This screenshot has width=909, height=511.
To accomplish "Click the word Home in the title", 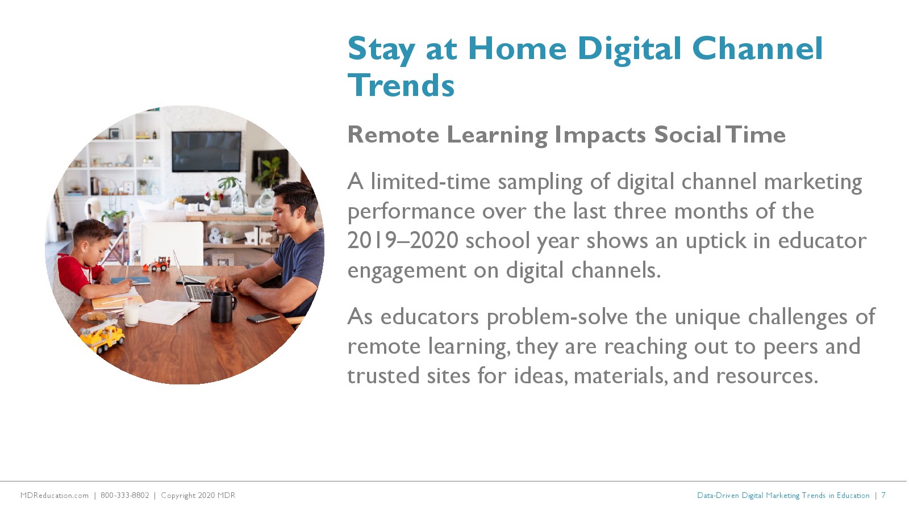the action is pyautogui.click(x=518, y=49).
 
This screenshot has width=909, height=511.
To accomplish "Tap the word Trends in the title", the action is pyautogui.click(x=401, y=86).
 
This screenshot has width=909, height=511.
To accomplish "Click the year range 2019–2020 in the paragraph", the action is pyautogui.click(x=403, y=241).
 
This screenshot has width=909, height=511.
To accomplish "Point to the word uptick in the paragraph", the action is pyautogui.click(x=716, y=241).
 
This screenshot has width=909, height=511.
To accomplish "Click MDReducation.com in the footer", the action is pyautogui.click(x=55, y=495).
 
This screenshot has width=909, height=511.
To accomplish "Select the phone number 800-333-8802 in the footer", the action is pyautogui.click(x=124, y=495).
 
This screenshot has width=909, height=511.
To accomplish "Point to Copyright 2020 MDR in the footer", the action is pyautogui.click(x=198, y=496).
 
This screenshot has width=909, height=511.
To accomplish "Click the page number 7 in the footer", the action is pyautogui.click(x=883, y=495).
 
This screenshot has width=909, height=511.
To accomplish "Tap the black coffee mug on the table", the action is pyautogui.click(x=223, y=307).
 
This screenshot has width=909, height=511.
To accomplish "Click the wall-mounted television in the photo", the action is pyautogui.click(x=206, y=151).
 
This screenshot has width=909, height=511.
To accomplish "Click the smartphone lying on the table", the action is pyautogui.click(x=264, y=317).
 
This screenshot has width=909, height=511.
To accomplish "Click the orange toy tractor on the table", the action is pyautogui.click(x=157, y=264).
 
